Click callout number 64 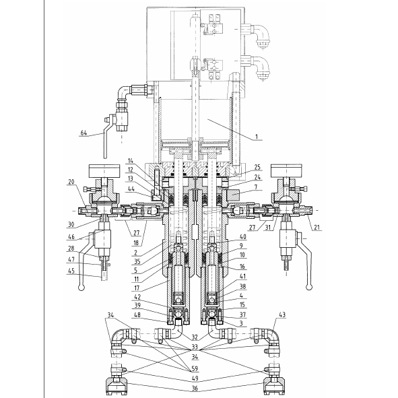(x=84, y=133)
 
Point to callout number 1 (x=257, y=137)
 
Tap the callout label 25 (x=257, y=167)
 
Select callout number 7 (x=256, y=187)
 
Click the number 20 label (x=71, y=181)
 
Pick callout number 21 (x=317, y=227)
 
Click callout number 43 (x=282, y=314)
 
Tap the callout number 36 (x=195, y=389)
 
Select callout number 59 (x=195, y=368)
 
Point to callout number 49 (x=195, y=378)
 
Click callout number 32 (x=195, y=337)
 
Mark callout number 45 (x=71, y=271)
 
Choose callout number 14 (x=131, y=161)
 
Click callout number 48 (x=137, y=314)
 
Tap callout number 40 (x=243, y=236)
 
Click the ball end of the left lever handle (x=81, y=288)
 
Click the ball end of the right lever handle (x=309, y=288)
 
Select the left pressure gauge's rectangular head (x=104, y=171)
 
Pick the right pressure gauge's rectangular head (x=287, y=171)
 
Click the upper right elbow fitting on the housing (x=259, y=35)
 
